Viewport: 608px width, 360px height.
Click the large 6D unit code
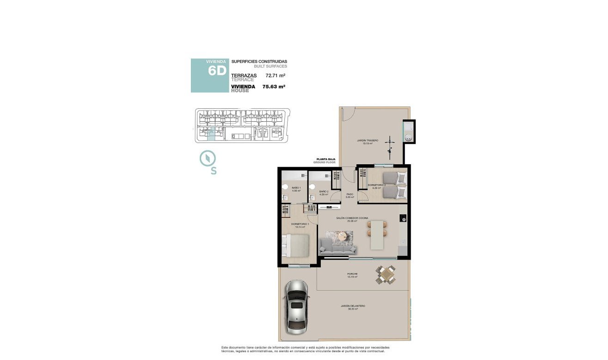coord(216,71)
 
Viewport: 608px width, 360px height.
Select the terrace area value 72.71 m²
coord(275,75)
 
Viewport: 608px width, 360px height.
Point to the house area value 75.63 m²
coord(273,86)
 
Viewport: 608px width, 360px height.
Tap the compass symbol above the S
coord(208,158)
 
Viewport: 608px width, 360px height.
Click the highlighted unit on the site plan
coord(211,134)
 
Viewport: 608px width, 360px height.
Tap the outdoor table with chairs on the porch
coord(386,275)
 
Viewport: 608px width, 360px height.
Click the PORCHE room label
coord(352,274)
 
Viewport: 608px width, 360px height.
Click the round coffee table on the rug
coord(343,236)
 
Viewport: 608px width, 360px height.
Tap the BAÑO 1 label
coord(296,188)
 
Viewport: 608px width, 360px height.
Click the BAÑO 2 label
coord(323,191)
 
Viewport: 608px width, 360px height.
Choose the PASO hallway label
coord(350,194)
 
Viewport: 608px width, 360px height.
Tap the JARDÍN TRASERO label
coord(368,140)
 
